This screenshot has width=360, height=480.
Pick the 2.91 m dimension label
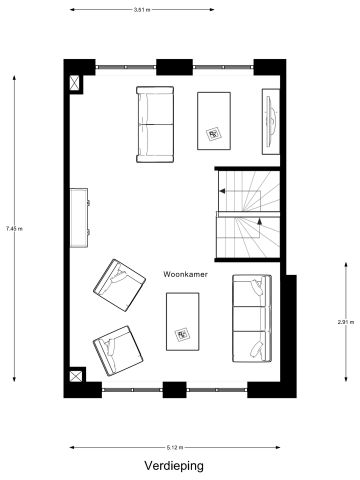[343, 321]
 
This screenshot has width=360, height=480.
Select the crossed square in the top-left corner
[74, 83]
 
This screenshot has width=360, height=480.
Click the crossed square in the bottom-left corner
[74, 377]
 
